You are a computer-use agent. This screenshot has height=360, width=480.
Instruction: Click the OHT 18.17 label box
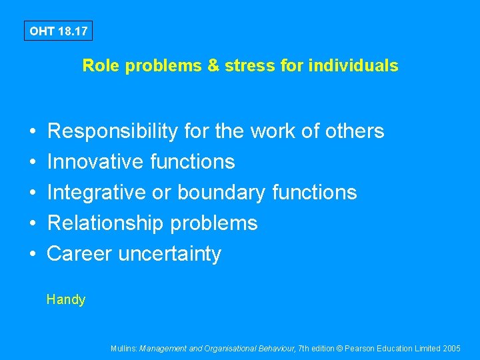coord(58,31)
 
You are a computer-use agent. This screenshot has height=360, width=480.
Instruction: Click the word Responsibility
coord(113,131)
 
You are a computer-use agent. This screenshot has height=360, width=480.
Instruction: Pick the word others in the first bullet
coord(355,131)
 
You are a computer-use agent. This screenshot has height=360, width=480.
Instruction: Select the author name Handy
coord(66,300)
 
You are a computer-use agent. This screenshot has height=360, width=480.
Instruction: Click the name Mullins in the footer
coord(124,349)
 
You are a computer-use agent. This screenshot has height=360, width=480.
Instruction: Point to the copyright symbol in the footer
coord(340,349)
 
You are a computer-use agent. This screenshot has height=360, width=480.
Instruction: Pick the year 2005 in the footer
coord(451,349)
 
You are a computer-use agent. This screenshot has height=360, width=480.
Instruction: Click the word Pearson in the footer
coord(360,349)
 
